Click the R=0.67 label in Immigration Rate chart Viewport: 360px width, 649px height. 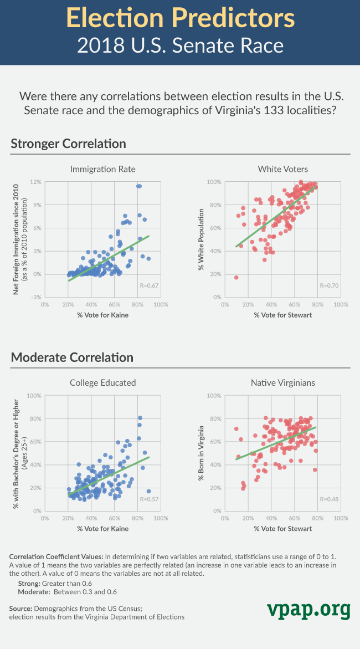[148, 286]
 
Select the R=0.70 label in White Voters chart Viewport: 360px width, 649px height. [328, 286]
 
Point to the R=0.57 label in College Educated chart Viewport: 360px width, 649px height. [148, 499]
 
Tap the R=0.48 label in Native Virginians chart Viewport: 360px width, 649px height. [328, 499]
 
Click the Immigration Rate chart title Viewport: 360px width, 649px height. [103, 168]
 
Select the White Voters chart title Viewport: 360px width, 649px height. [283, 168]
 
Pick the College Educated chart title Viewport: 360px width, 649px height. [103, 382]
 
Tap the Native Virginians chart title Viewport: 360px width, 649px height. [283, 382]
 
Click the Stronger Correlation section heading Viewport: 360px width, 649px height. [68, 144]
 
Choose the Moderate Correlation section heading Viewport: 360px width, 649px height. [72, 357]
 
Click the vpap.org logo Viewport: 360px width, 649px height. [308, 610]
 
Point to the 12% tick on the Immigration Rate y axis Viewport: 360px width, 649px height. [36, 182]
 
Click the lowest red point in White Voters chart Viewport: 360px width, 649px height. [236, 277]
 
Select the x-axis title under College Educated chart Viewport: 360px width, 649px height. [103, 528]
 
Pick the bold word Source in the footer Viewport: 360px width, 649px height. [21, 609]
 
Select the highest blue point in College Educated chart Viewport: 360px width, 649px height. [140, 417]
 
